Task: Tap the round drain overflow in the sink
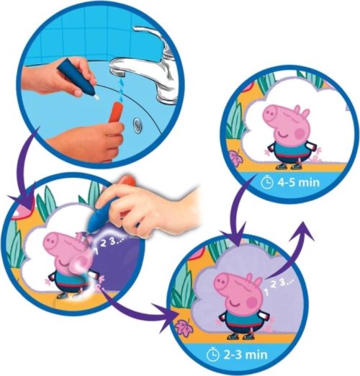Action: (x=138, y=124)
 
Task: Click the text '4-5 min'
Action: (x=299, y=183)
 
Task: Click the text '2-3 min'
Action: (x=245, y=354)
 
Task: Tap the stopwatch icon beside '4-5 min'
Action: (x=267, y=183)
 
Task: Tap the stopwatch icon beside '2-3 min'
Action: (x=213, y=355)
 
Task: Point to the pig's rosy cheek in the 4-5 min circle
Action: (x=300, y=132)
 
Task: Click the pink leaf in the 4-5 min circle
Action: (x=233, y=158)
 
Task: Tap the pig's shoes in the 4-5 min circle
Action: (x=288, y=166)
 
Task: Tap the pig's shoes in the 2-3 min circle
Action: (x=240, y=336)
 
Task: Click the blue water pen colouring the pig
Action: (x=102, y=215)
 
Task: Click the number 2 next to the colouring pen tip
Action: (x=103, y=243)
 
